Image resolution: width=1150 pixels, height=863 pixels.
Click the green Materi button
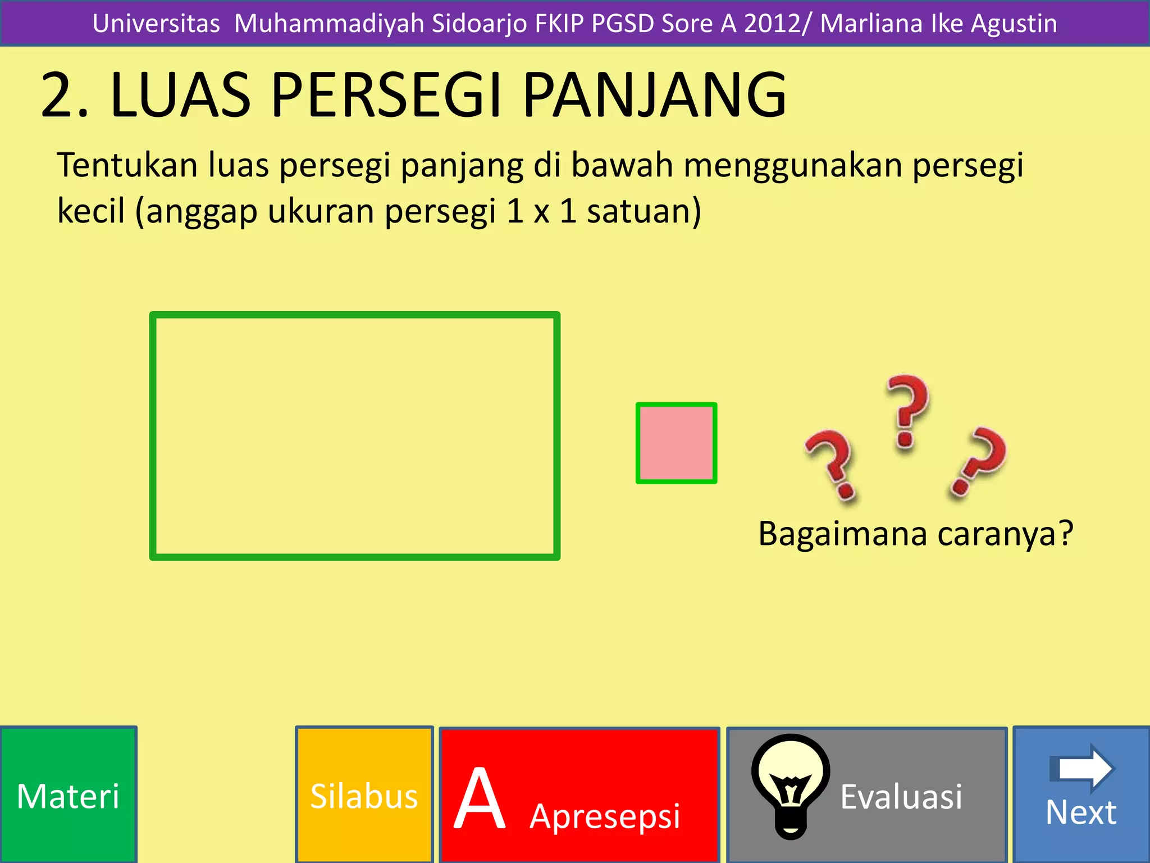pos(68,795)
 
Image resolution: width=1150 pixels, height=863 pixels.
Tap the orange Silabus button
pos(364,795)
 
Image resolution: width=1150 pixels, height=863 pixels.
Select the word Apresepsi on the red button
pos(605,816)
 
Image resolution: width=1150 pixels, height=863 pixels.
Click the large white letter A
pos(480,799)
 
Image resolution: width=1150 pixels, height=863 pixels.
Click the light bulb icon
pos(791,785)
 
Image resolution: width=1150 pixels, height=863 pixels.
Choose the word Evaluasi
pos(901,797)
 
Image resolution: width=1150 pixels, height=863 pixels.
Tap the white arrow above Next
pos(1082,768)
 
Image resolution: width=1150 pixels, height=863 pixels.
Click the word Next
pos(1081,812)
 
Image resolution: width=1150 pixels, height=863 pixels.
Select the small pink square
pos(676,443)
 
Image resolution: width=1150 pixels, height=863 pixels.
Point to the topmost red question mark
pos(907,410)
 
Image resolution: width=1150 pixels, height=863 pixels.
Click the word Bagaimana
pos(842,533)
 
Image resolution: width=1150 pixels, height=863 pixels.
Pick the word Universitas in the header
pos(156,24)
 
